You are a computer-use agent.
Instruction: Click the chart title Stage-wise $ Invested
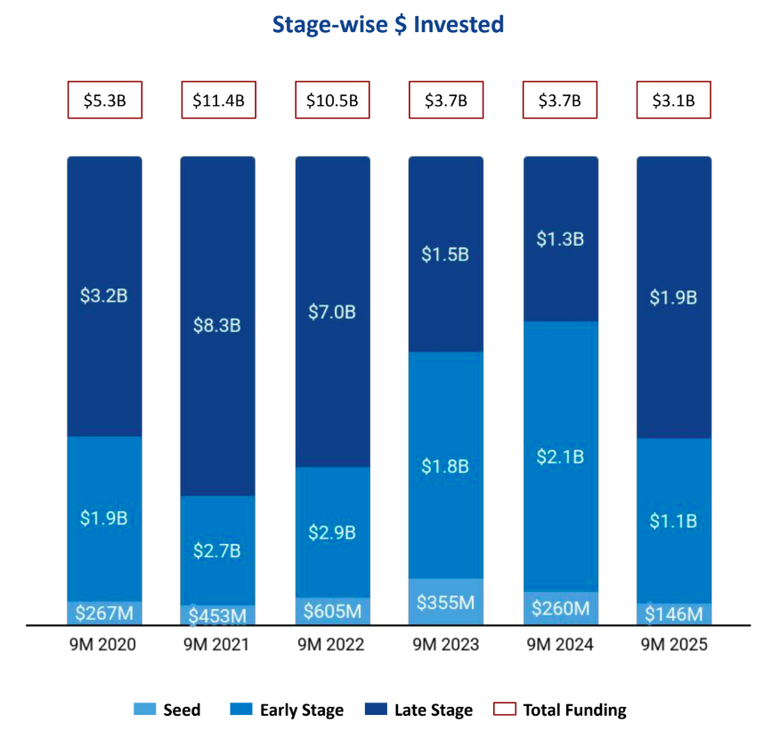pyautogui.click(x=388, y=26)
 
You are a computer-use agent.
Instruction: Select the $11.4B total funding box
pyautogui.click(x=218, y=101)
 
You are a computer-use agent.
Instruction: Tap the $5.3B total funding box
pyautogui.click(x=104, y=101)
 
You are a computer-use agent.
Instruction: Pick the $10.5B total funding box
pyautogui.click(x=332, y=101)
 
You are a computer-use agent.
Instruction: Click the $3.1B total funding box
pyautogui.click(x=673, y=101)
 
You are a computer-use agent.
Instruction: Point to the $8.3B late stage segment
pyautogui.click(x=218, y=326)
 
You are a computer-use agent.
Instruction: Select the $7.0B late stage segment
pyautogui.click(x=332, y=312)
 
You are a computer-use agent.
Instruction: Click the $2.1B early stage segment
pyautogui.click(x=560, y=456)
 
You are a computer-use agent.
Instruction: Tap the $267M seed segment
pyautogui.click(x=104, y=613)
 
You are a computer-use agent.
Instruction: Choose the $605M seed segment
pyautogui.click(x=332, y=611)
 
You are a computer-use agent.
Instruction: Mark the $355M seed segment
pyautogui.click(x=446, y=602)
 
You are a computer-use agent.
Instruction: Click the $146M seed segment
pyautogui.click(x=673, y=614)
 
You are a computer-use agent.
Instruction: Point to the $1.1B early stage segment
pyautogui.click(x=673, y=520)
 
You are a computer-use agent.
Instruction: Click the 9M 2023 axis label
pyautogui.click(x=446, y=645)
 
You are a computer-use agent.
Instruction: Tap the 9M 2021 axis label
pyautogui.click(x=218, y=645)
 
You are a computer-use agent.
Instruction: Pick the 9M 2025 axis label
pyautogui.click(x=673, y=645)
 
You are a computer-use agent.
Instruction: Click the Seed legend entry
pyautogui.click(x=168, y=710)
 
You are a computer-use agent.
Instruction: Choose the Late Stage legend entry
pyautogui.click(x=419, y=710)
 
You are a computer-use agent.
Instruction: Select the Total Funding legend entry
pyautogui.click(x=561, y=710)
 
